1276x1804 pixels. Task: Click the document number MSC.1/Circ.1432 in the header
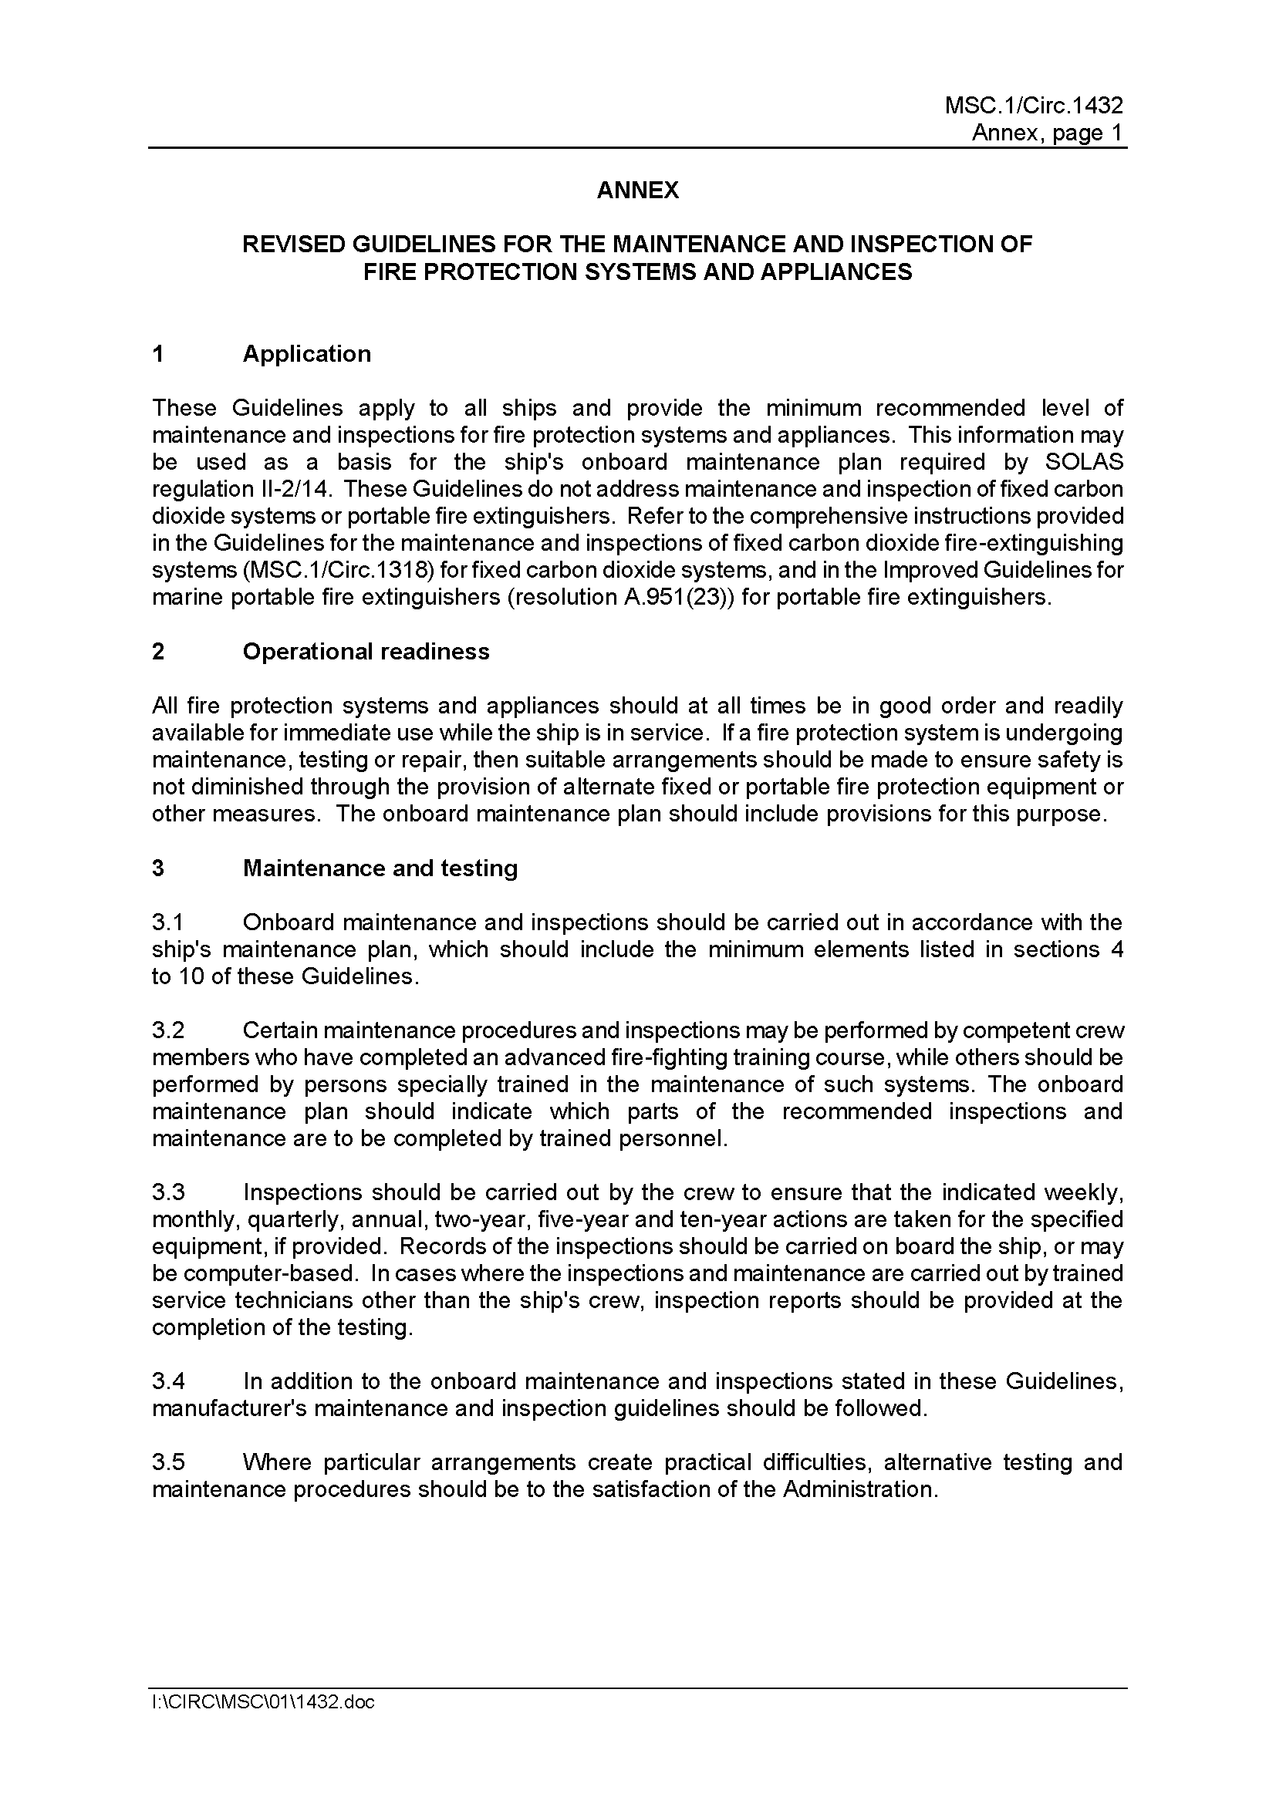click(1033, 106)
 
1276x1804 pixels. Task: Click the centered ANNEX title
click(637, 191)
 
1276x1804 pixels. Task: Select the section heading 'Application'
click(306, 353)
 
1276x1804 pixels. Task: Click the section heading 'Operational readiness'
click(366, 652)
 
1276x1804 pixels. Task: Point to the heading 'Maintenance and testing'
click(380, 868)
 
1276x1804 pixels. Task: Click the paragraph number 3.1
click(167, 922)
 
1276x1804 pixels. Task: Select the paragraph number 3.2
click(168, 1030)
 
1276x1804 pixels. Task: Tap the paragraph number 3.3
click(168, 1192)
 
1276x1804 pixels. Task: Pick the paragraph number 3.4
click(168, 1381)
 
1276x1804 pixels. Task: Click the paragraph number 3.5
click(168, 1462)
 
